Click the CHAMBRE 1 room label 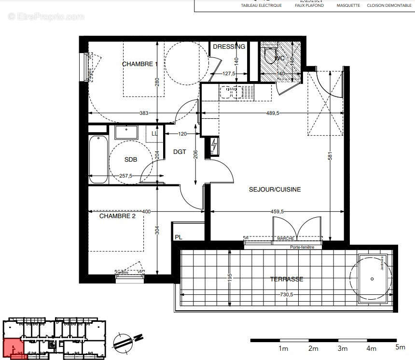point(139,64)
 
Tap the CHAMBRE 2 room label point(117,216)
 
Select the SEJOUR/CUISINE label point(275,190)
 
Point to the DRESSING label point(229,47)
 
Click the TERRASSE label point(287,279)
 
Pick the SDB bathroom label point(130,160)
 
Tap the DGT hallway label point(180,152)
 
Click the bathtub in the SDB point(98,159)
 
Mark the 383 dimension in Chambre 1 point(143,113)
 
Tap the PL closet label point(178,237)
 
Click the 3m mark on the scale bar point(343,348)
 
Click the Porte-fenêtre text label point(302,248)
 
